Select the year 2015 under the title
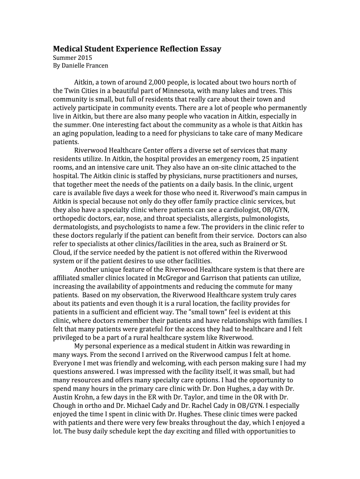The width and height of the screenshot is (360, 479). click(x=80, y=58)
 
